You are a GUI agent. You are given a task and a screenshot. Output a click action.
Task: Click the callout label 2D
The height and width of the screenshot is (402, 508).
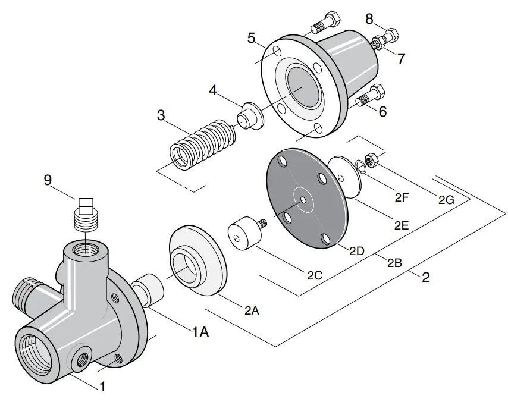(356, 251)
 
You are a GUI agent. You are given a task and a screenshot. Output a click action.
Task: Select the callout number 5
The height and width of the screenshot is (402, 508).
(252, 39)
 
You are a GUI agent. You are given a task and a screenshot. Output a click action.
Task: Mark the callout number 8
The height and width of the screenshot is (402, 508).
(369, 20)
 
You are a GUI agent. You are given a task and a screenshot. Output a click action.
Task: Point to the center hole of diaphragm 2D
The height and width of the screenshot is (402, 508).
(303, 200)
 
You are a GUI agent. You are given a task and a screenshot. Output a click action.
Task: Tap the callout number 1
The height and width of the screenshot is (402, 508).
(102, 387)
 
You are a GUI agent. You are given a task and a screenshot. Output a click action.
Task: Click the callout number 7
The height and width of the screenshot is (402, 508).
(401, 59)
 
